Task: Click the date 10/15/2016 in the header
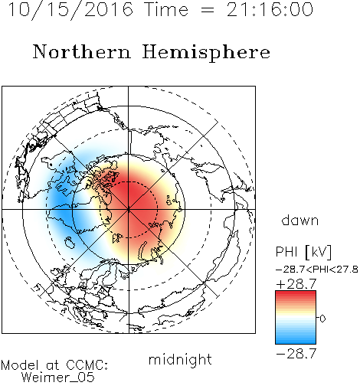pos(70,10)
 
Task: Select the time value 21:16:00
pos(270,9)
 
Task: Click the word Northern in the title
pos(82,52)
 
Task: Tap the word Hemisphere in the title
pos(206,53)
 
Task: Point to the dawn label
pos(300,220)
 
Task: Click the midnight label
pos(180,360)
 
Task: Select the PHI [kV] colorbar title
pos(303,252)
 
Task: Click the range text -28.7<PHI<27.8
pos(317,270)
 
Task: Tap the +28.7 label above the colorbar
pos(296,283)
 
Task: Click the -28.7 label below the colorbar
pos(296,354)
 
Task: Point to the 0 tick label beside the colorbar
pos(322,319)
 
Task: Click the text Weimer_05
pos(58,378)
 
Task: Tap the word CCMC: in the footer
pos(87,365)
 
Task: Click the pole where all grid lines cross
pos(129,210)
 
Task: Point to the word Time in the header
pos(166,9)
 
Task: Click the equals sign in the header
pos(208,10)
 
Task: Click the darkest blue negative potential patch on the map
pos(62,204)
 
